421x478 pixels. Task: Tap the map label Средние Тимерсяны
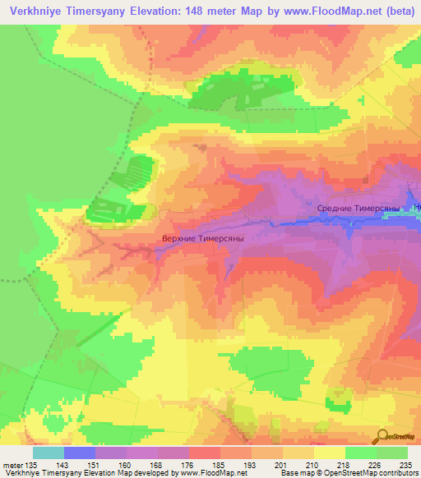(x=359, y=209)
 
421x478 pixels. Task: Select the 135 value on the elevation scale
(x=26, y=466)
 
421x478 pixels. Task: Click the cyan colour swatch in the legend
(x=49, y=453)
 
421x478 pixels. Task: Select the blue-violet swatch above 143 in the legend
(x=80, y=453)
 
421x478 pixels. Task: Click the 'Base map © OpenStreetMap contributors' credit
(x=349, y=474)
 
